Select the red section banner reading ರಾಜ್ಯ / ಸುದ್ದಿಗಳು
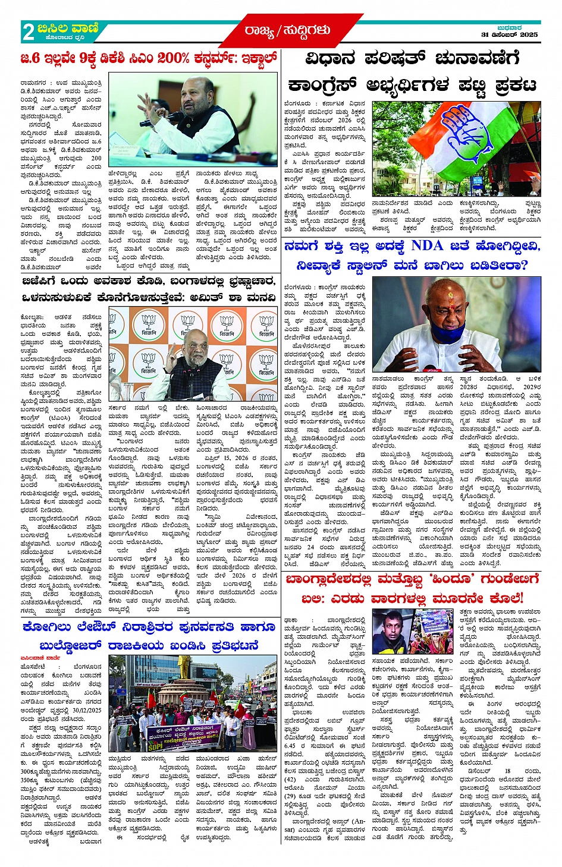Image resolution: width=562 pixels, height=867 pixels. [x=287, y=30]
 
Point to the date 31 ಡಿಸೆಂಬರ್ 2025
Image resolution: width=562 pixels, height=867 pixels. [x=509, y=34]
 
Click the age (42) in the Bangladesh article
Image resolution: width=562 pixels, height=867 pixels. [x=290, y=780]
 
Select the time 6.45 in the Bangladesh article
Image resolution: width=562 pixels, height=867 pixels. [x=290, y=745]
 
